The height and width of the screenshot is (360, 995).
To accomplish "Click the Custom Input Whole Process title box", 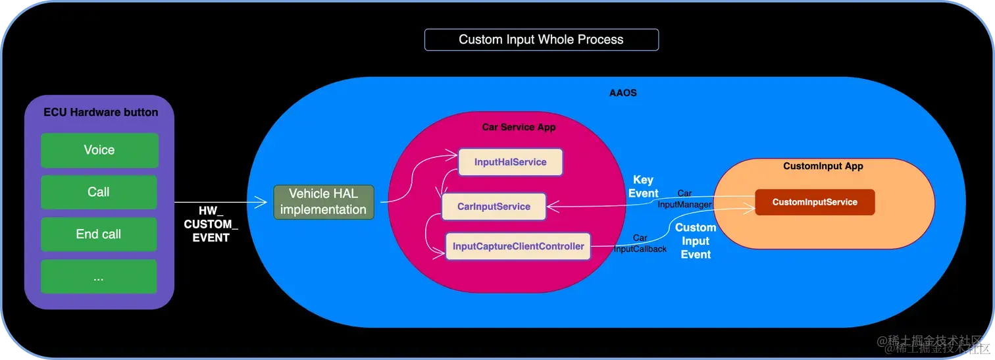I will (541, 39).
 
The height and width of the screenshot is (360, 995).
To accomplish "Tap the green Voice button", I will (99, 150).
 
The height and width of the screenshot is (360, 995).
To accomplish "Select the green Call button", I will (99, 192).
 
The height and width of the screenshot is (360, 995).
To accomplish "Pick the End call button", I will (99, 234).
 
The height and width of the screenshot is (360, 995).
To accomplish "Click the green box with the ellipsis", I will (99, 276).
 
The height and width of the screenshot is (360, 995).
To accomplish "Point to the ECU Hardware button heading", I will (101, 112).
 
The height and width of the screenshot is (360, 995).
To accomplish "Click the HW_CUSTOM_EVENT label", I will (211, 224).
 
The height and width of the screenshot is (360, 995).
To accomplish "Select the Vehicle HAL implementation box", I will (323, 202).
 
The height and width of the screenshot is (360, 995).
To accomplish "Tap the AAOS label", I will (623, 93).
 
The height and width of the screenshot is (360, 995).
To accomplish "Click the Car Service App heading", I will (519, 127).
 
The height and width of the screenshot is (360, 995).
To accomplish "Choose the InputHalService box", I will (511, 162).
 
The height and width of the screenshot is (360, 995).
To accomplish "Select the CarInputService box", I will (494, 207).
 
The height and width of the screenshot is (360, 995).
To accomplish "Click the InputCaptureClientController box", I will (519, 247).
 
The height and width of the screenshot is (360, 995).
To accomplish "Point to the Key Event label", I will (643, 187).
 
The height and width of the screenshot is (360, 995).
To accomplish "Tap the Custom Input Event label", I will (696, 241).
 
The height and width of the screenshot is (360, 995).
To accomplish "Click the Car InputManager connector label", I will (684, 199).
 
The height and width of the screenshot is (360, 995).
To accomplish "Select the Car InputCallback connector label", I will (640, 244).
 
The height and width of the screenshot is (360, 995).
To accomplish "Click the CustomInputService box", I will (815, 202).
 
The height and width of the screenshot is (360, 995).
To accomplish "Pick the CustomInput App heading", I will (823, 167).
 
